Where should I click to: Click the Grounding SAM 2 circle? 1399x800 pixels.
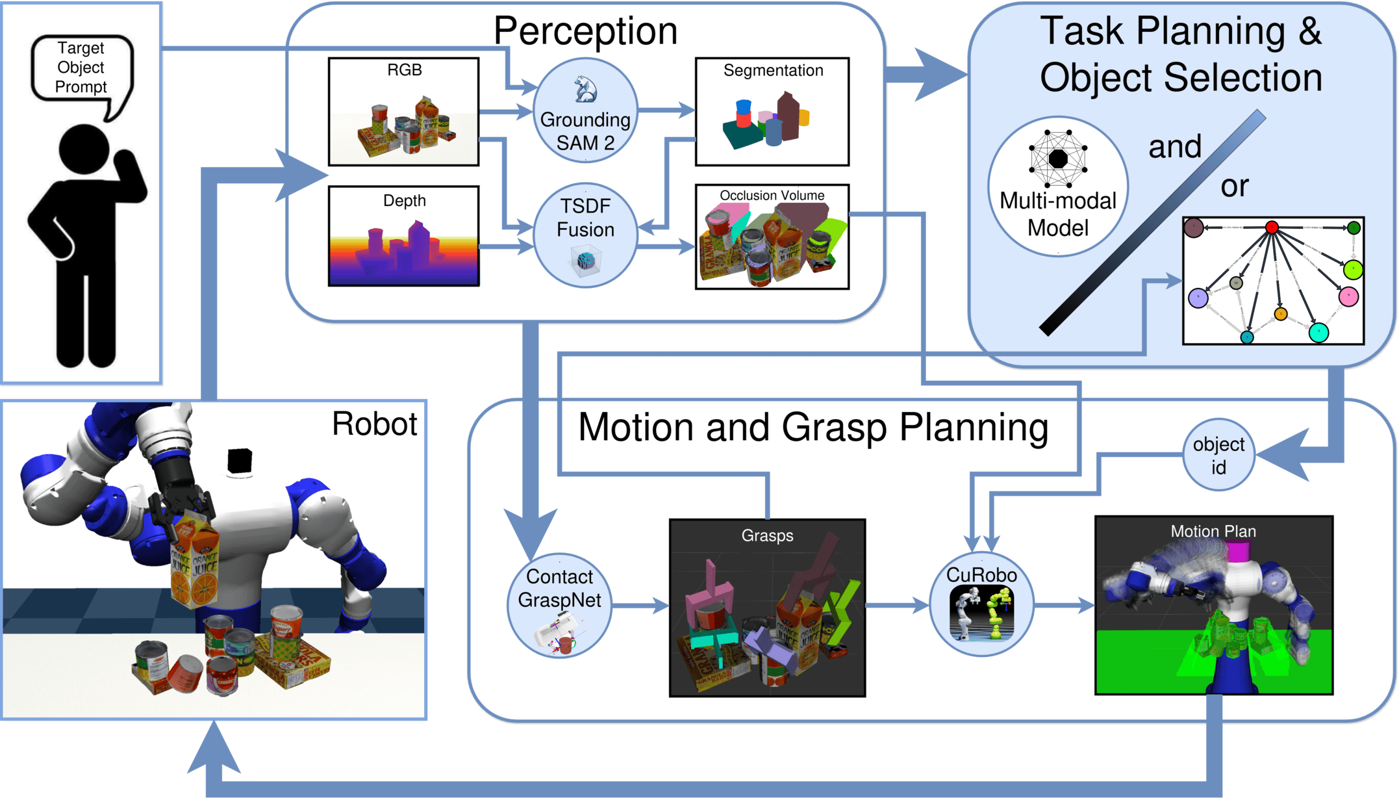585,110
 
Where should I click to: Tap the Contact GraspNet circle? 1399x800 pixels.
559,605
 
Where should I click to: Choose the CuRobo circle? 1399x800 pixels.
981,605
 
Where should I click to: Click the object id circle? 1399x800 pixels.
1218,455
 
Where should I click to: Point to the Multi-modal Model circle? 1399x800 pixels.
1058,187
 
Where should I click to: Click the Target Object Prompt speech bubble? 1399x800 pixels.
81,68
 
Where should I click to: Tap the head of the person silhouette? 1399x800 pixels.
84,149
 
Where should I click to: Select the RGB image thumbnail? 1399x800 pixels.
403,112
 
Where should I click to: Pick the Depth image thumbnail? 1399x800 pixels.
403,237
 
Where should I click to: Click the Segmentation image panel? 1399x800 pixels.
772,112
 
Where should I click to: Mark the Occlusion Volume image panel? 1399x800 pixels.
772,237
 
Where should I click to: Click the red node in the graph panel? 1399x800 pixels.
1272,227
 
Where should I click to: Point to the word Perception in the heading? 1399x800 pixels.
585,31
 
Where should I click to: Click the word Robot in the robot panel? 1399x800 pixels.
374,424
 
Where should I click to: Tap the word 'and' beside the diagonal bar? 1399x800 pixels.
1174,147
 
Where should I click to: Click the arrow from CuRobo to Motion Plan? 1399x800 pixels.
1064,606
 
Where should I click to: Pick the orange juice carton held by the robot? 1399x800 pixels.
195,559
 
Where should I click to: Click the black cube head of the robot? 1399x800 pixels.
240,461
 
